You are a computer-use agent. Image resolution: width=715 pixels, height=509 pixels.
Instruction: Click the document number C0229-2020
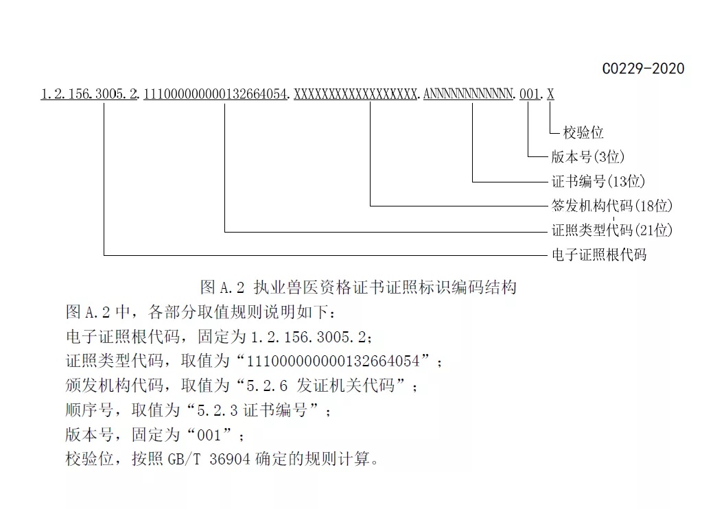tap(643, 69)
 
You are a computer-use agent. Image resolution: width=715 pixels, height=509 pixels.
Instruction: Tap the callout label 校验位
tap(583, 132)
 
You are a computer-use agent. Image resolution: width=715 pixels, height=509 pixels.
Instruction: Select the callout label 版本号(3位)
tap(588, 157)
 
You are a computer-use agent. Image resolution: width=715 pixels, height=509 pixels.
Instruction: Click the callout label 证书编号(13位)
tap(598, 181)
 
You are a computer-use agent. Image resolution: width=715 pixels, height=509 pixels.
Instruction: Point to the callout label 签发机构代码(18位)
tap(612, 206)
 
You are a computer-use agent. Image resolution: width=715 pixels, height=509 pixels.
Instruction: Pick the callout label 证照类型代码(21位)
tap(612, 230)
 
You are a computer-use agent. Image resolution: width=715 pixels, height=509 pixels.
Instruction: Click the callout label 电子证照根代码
tap(599, 254)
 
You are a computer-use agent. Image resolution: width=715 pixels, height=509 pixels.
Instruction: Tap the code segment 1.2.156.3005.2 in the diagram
tap(89, 95)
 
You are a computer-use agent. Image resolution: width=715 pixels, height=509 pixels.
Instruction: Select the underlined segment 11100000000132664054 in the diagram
tap(215, 95)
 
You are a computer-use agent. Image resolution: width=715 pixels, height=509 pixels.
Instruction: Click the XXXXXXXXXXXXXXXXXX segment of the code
tap(355, 95)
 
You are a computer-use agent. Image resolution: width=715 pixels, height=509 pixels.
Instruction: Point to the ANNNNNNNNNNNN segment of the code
tap(468, 95)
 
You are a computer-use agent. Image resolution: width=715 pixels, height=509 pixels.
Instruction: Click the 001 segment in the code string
tap(530, 95)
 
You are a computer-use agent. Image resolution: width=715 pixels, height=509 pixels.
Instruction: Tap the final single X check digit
tap(550, 95)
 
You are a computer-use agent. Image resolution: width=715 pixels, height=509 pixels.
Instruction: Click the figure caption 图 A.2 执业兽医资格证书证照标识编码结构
tap(358, 287)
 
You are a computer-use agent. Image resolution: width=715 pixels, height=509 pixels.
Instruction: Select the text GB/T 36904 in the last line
tap(209, 459)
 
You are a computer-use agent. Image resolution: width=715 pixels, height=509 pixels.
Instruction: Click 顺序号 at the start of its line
tap(89, 410)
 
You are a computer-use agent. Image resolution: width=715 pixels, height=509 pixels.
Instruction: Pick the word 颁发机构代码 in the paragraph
tap(114, 386)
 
